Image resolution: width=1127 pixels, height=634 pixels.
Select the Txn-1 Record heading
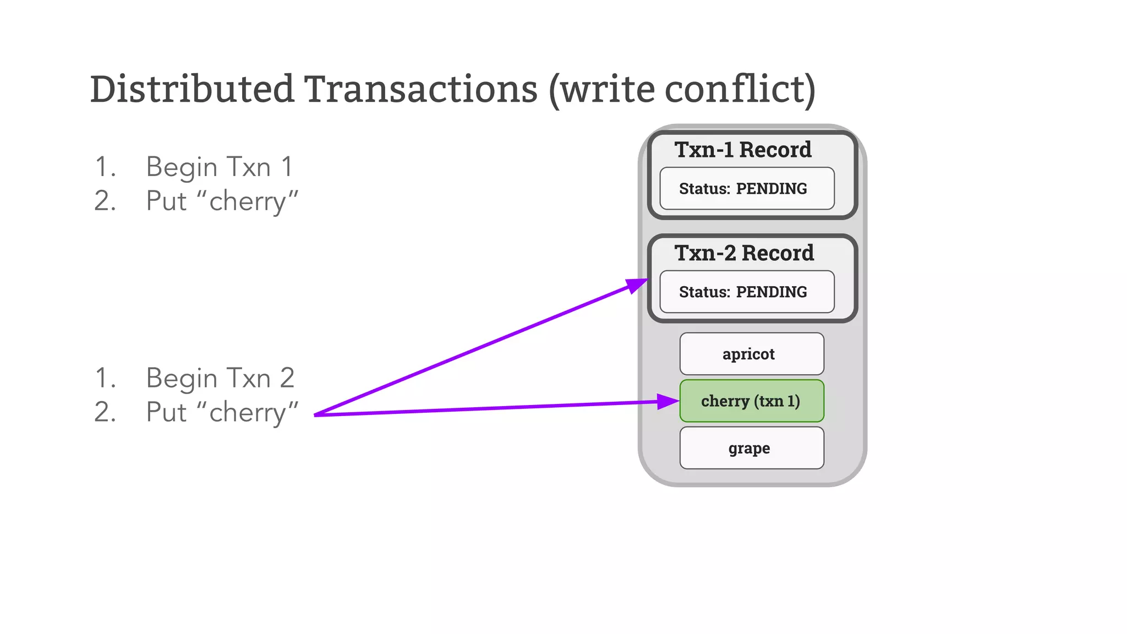coord(743,150)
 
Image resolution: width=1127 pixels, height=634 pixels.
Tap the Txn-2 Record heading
coord(744,253)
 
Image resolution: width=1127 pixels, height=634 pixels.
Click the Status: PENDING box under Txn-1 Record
coord(746,189)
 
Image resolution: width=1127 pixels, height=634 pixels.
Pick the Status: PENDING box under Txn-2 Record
coord(746,292)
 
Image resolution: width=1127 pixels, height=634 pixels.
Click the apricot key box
coord(751,354)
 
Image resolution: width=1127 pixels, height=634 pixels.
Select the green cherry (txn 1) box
coord(751,401)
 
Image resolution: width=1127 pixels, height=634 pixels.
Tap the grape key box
coord(751,448)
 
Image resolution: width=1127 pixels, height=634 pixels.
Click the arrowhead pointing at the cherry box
coord(668,402)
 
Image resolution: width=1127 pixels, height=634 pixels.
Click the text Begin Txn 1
coord(219,167)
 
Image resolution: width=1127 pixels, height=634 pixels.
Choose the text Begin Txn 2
coord(220,378)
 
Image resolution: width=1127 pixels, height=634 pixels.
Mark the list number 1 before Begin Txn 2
coord(105,378)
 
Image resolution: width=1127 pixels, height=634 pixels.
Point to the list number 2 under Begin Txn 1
coord(105,201)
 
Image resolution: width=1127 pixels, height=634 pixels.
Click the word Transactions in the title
coord(421,89)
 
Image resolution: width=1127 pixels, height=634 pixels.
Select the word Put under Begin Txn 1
coord(166,201)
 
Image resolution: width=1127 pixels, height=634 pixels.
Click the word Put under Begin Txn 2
coord(166,412)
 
